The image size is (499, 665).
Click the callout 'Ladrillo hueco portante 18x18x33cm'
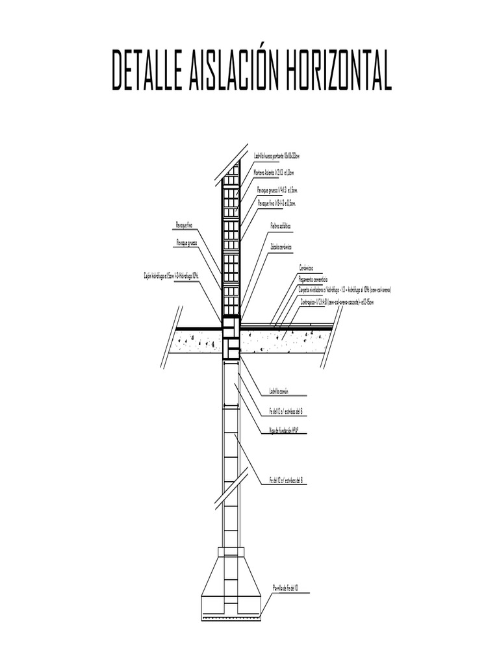tap(276, 157)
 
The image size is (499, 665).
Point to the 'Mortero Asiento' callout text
tap(274, 173)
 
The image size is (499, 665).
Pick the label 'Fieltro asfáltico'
tap(280, 226)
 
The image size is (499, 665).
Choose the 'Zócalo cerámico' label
tap(281, 247)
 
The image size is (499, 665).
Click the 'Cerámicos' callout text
tap(307, 268)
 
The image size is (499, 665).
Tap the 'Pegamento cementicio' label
tap(313, 279)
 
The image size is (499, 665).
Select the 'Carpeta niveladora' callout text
tap(344, 290)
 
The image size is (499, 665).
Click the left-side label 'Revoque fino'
tap(185, 224)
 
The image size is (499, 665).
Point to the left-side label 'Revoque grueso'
tap(186, 242)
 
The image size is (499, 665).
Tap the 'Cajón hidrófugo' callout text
tap(172, 275)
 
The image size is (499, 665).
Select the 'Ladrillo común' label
tap(278, 392)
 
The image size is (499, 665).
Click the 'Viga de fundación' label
tap(287, 430)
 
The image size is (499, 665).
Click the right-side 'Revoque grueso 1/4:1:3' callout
tap(277, 190)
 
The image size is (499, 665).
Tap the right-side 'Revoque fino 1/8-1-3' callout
tap(277, 203)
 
